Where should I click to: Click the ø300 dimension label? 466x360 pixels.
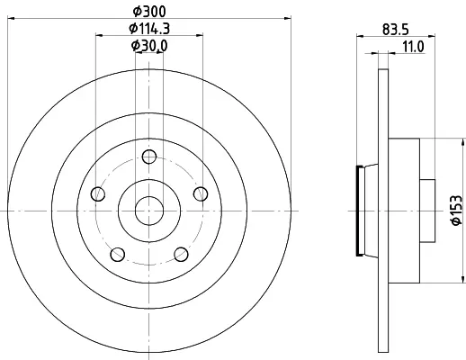point(149,12)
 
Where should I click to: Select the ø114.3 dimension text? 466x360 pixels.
point(149,29)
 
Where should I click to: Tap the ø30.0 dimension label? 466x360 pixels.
point(149,46)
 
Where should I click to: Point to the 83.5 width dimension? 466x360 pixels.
point(396,30)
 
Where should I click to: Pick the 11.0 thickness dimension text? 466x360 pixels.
point(413,47)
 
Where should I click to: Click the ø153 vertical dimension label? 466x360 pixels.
point(456,210)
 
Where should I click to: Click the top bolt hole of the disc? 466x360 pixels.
point(149,157)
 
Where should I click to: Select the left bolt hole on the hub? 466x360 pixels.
point(97,193)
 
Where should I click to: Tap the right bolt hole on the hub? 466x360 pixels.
point(201,193)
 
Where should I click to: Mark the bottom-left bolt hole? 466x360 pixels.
point(118,255)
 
